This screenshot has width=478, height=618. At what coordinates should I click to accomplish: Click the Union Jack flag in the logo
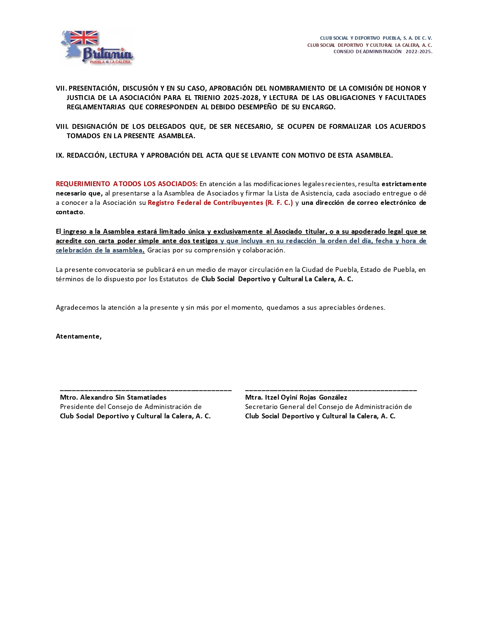pyautogui.click(x=84, y=37)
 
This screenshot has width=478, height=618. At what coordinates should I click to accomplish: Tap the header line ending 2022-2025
pyautogui.click(x=383, y=52)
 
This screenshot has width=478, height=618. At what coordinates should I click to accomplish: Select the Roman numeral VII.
pyautogui.click(x=61, y=88)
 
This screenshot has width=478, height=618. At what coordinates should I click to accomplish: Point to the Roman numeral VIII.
pyautogui.click(x=62, y=127)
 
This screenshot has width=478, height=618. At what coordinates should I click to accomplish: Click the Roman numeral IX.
pyautogui.click(x=60, y=155)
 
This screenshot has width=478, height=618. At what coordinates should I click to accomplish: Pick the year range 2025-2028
pyautogui.click(x=241, y=98)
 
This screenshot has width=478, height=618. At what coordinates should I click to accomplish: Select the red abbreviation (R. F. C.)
pyautogui.click(x=279, y=203)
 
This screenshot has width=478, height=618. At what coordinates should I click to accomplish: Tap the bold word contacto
pyautogui.click(x=69, y=212)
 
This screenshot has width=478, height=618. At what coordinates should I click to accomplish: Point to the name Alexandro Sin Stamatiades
pyautogui.click(x=123, y=397)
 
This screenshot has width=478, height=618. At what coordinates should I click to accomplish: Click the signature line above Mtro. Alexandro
pyautogui.click(x=145, y=391)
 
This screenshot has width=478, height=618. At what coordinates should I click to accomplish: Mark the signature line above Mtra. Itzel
pyautogui.click(x=331, y=391)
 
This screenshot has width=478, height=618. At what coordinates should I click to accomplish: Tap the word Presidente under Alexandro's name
pyautogui.click(x=77, y=407)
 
